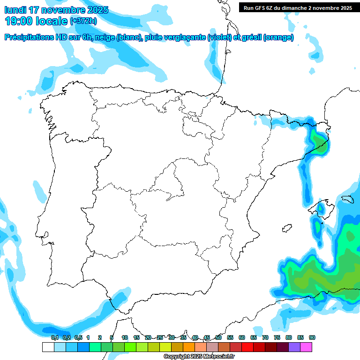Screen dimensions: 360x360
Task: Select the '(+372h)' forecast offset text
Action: pos(84,21)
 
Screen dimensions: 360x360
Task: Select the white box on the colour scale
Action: pos(48,347)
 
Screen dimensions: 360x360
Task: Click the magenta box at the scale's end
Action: pos(306,347)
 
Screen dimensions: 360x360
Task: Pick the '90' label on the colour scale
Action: pos(312,337)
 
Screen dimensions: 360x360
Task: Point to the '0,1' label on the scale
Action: pos(55,337)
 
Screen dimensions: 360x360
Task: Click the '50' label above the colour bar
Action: pos(218,337)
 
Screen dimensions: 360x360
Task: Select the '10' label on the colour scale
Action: pos(125,337)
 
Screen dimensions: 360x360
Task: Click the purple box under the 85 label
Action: pos(294,347)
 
